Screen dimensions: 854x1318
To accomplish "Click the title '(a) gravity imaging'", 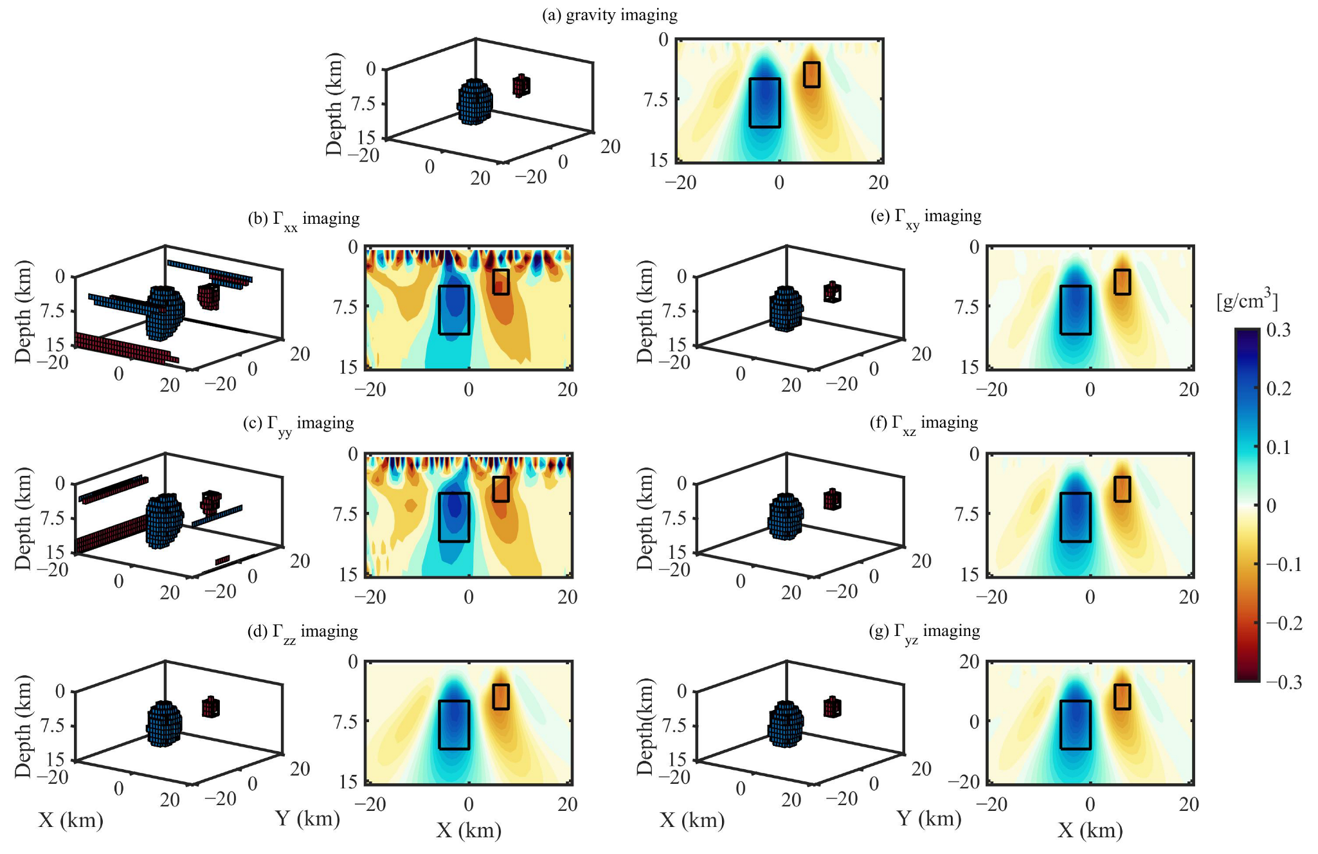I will tap(609, 15).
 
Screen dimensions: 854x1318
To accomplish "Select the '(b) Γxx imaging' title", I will tap(303, 219).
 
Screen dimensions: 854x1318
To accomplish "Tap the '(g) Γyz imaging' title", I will tap(924, 632).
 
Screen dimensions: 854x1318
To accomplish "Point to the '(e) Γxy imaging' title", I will tap(925, 217).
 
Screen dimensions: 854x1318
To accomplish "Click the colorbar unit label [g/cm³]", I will tap(1247, 300).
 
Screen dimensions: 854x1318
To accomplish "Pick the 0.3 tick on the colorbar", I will tap(1278, 330).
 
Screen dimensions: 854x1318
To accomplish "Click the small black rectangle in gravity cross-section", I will tap(811, 75).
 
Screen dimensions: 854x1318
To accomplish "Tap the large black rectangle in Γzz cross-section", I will tap(454, 725).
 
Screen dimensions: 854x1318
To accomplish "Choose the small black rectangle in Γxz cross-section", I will tap(1122, 489).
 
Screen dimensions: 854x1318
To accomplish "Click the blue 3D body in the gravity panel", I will tap(475, 102).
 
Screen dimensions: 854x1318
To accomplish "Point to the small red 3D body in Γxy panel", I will tap(832, 293).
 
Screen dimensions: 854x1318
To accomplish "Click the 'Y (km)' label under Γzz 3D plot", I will tap(307, 819).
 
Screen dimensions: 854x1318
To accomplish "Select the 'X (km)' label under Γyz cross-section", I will tap(1090, 830).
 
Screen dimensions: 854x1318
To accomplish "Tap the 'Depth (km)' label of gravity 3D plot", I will tap(334, 104).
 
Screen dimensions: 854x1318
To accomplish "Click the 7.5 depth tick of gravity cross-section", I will tap(654, 100).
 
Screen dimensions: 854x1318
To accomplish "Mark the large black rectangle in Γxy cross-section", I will tap(1075, 310).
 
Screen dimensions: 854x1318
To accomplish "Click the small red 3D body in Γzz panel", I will tap(211, 707).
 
